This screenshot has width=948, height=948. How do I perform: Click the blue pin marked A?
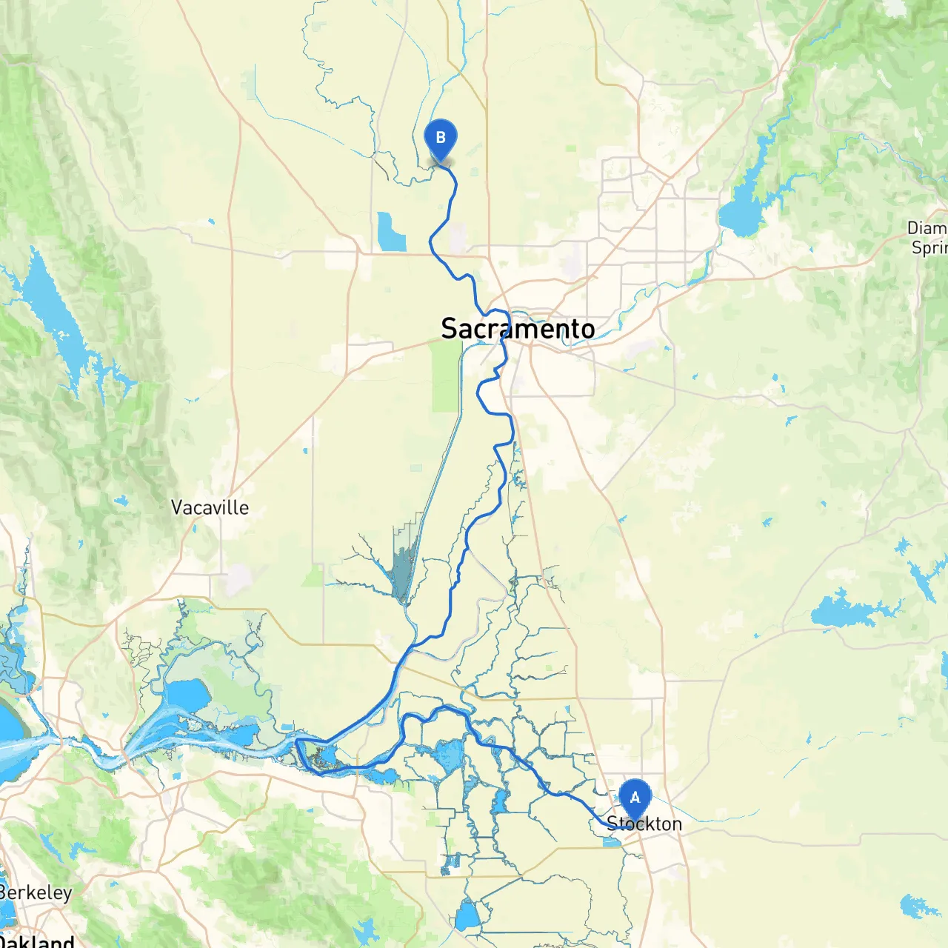pyautogui.click(x=635, y=798)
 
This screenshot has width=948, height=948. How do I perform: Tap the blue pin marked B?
pyautogui.click(x=441, y=138)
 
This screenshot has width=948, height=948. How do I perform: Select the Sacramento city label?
pyautogui.click(x=518, y=328)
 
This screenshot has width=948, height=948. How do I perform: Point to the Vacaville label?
pyautogui.click(x=210, y=507)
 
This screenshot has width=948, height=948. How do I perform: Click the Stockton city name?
pyautogui.click(x=644, y=824)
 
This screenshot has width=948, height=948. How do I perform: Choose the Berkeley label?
pyautogui.click(x=36, y=892)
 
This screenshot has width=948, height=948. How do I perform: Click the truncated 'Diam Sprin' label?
pyautogui.click(x=927, y=238)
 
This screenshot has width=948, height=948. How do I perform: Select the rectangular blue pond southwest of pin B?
pyautogui.click(x=390, y=233)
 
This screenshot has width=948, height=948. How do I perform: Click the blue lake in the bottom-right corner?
pyautogui.click(x=918, y=905)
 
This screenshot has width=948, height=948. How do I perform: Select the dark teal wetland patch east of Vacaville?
pyautogui.click(x=403, y=570)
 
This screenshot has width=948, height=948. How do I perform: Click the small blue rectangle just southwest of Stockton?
pyautogui.click(x=612, y=842)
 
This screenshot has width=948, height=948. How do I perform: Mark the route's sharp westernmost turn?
pyautogui.click(x=297, y=741)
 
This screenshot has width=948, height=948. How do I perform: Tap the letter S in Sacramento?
pyautogui.click(x=449, y=328)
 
